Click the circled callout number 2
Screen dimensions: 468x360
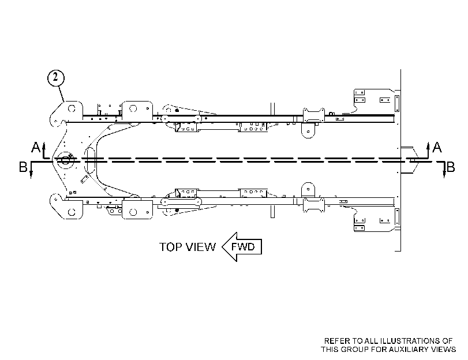point(55,78)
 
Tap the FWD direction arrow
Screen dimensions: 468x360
point(242,247)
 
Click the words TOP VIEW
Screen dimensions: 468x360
point(187,247)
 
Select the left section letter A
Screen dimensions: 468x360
point(36,147)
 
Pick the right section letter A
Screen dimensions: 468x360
point(437,147)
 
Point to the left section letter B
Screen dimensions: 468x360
point(23,167)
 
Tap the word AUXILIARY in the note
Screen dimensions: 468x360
point(413,349)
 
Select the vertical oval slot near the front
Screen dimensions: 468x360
point(91,160)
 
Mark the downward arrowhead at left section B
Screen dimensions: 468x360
point(31,175)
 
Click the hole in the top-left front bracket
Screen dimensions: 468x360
point(72,108)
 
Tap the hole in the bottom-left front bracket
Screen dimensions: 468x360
point(72,212)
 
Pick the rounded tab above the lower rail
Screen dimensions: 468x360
point(308,190)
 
